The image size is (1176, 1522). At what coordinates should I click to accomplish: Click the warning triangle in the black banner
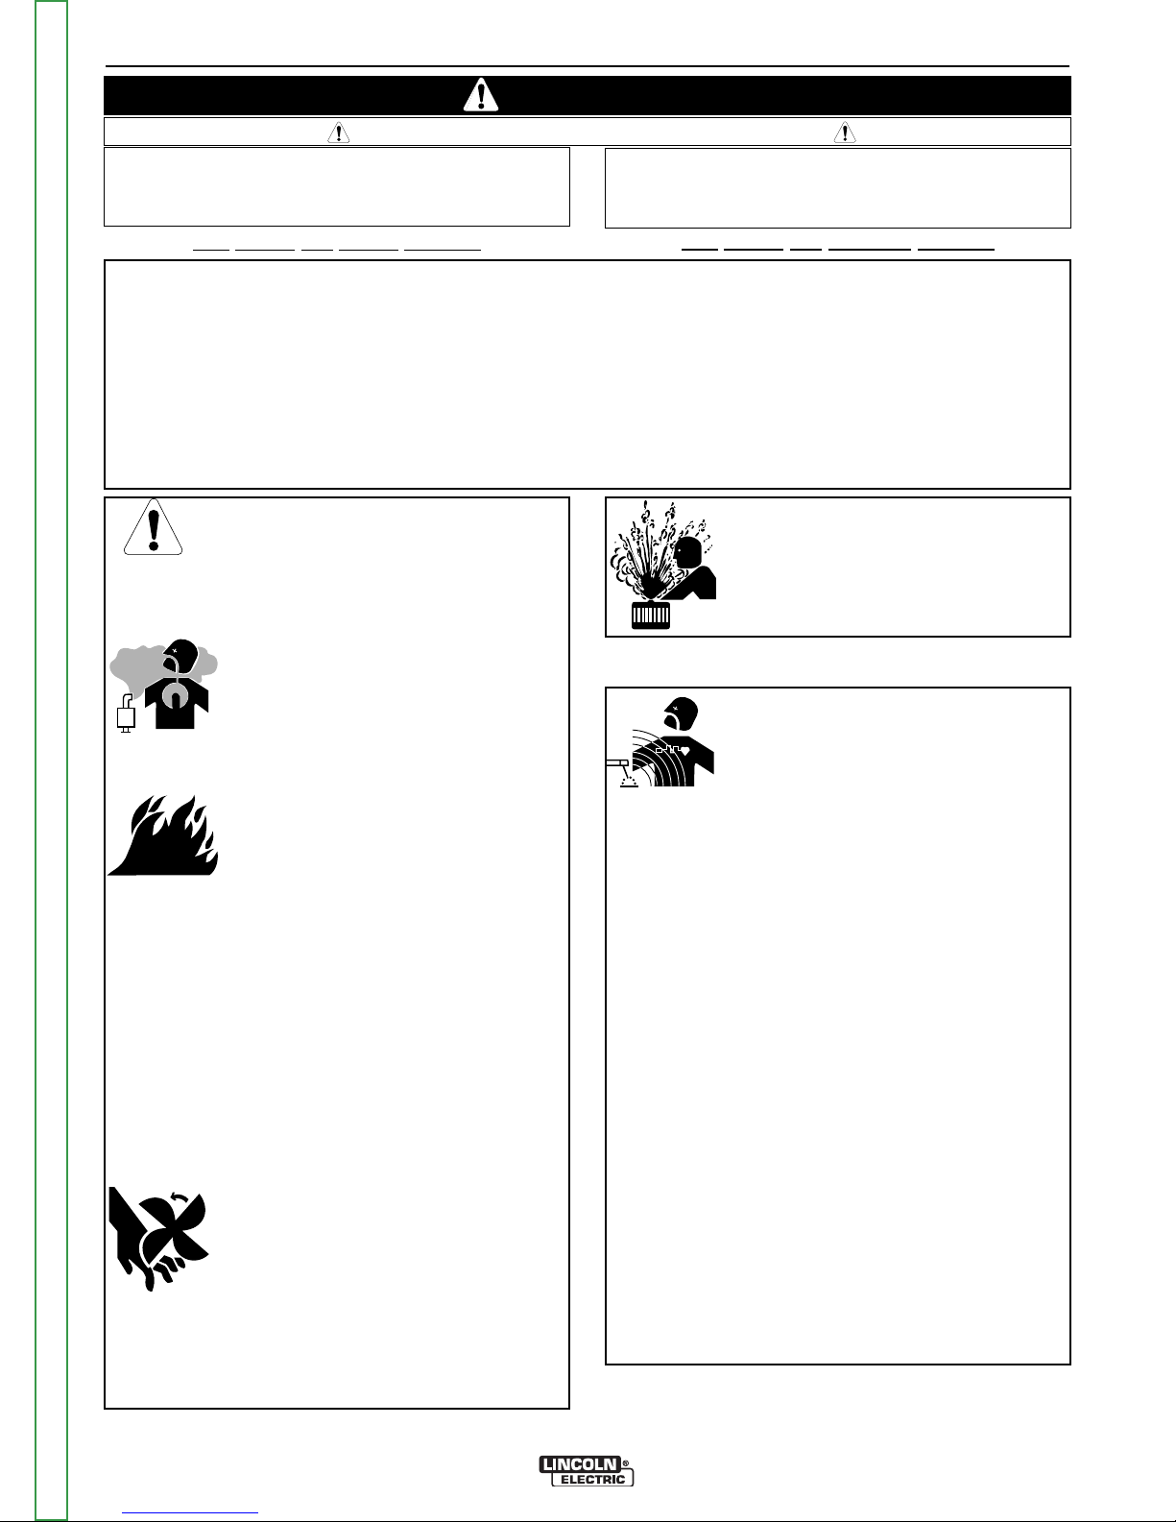coord(481,96)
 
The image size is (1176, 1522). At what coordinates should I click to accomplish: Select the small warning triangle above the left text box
coord(339,133)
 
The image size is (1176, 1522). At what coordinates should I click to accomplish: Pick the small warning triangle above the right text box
coord(845,133)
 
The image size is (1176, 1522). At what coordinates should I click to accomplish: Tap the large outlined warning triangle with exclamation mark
coord(154,527)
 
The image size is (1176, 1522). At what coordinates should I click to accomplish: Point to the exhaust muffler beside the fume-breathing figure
coord(126,714)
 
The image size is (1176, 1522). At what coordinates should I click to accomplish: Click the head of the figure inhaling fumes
coord(184,653)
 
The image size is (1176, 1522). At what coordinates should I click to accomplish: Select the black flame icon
coord(163,835)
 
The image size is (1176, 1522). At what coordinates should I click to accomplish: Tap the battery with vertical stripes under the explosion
coord(651,615)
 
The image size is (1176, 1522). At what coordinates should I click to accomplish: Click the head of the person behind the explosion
coord(689,552)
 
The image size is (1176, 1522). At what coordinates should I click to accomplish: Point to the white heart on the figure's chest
coord(685,751)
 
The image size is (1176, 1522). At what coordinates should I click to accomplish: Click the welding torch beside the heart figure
coord(618,764)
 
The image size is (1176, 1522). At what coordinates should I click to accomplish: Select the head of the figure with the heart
coord(681,713)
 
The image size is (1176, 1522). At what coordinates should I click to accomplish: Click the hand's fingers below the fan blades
coord(162,1270)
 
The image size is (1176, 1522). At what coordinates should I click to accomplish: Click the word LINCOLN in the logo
coord(580,1463)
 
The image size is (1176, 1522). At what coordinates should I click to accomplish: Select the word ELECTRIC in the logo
coord(593,1480)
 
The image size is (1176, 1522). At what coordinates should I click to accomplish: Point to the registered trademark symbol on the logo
coord(626,1462)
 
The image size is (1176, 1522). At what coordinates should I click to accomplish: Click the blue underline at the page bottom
coord(190,1513)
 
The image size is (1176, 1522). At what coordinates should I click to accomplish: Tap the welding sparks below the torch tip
coord(630,781)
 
